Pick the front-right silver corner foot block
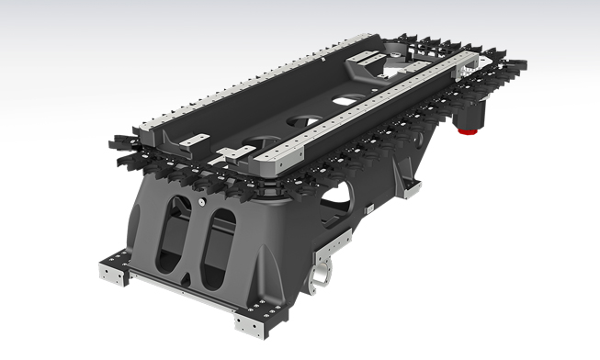249,322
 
